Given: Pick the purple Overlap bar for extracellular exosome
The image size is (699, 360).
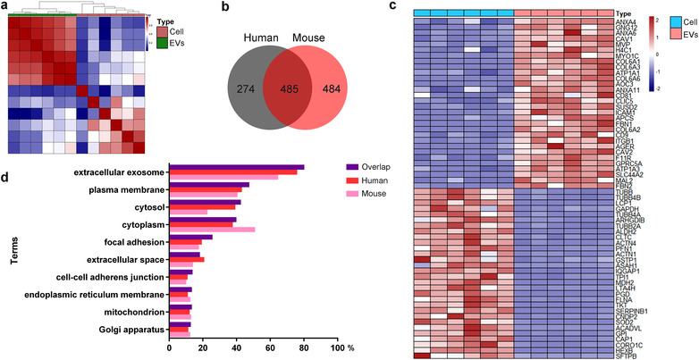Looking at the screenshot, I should pyautogui.click(x=236, y=166).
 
